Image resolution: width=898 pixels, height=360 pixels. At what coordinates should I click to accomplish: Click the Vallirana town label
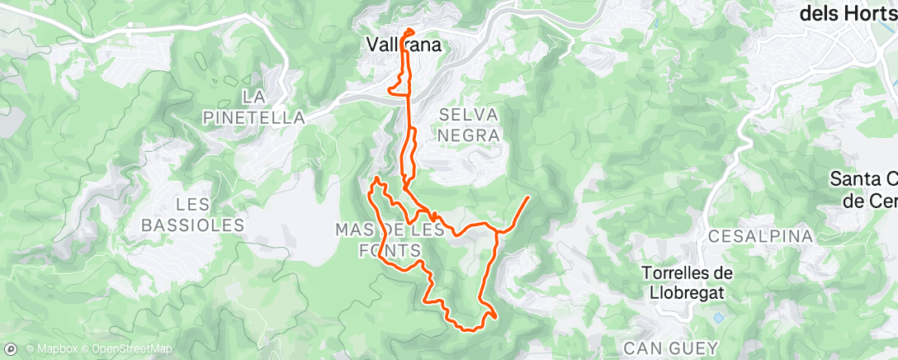[x=404, y=46]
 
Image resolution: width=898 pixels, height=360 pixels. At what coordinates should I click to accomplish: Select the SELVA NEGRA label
[x=469, y=124]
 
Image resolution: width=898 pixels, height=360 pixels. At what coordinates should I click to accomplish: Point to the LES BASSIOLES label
[x=193, y=214]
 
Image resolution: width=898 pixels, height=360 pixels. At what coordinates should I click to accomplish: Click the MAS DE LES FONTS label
[x=390, y=239]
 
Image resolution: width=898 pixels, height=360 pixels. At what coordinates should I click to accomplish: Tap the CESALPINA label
[x=760, y=236]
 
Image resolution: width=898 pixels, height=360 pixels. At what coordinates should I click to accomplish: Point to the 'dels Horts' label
[x=848, y=15]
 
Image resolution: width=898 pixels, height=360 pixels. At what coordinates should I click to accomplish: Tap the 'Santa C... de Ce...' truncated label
[x=863, y=189]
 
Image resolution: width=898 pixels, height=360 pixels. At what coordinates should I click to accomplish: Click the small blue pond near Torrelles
[x=719, y=317]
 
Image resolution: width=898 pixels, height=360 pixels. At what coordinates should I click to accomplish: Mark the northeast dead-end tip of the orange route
[x=527, y=197]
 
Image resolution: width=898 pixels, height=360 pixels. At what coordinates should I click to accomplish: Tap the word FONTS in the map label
[x=390, y=249]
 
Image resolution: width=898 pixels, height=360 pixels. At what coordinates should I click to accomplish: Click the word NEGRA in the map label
[x=470, y=135]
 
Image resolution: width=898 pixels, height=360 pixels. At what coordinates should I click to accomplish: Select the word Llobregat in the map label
[x=683, y=293]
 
